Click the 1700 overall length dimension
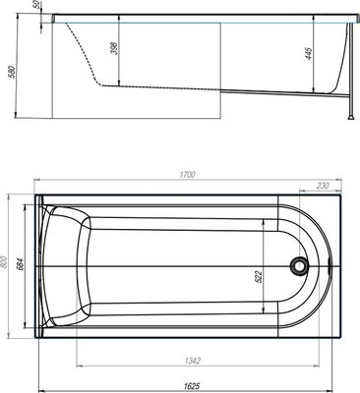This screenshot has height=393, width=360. (x=187, y=175)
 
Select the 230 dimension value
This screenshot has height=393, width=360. (x=323, y=186)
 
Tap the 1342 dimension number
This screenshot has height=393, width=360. (x=193, y=361)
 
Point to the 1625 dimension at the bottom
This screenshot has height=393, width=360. (x=192, y=386)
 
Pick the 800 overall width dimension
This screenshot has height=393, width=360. (x=3, y=262)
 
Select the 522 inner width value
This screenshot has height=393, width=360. (x=259, y=277)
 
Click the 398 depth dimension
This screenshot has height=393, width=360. (x=114, y=48)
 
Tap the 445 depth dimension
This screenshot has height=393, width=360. (x=309, y=54)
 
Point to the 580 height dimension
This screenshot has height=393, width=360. (x=12, y=72)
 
